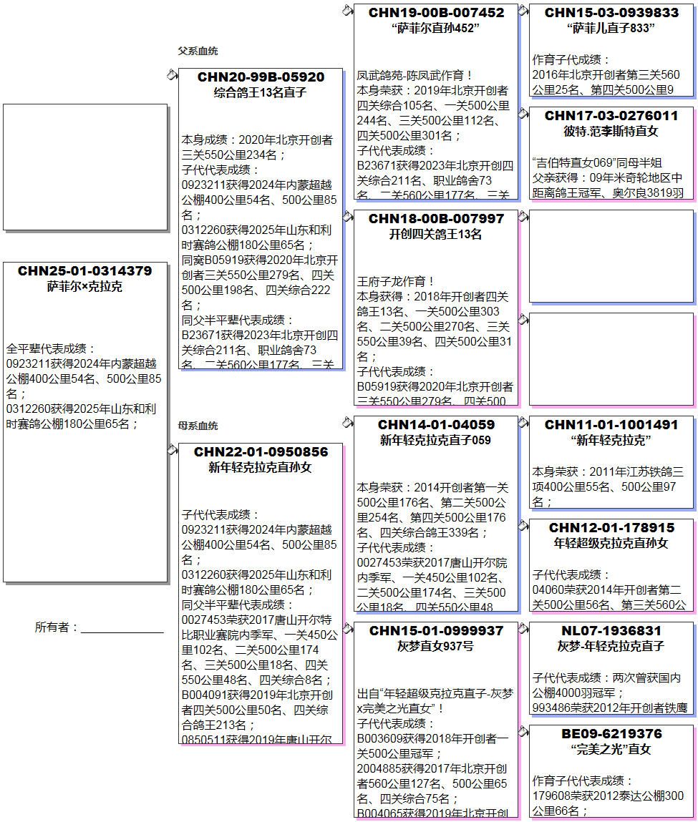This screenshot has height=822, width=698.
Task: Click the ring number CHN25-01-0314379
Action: coord(84,271)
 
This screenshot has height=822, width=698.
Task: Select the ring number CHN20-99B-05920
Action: coord(261,77)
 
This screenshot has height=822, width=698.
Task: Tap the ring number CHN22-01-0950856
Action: coord(261,452)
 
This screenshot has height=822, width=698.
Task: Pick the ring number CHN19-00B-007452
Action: coord(436,13)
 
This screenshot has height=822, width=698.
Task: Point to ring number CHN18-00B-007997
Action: coord(436,219)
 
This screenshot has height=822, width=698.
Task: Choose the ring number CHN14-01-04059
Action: coord(436,425)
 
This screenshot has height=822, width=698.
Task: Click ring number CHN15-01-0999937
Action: coord(436,631)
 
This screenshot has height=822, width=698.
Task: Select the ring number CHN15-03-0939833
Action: coord(611,13)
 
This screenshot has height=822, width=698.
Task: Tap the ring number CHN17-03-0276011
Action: coord(611,116)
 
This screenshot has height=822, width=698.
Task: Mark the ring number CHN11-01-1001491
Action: coord(611,425)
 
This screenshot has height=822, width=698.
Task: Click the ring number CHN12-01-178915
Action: coord(611,528)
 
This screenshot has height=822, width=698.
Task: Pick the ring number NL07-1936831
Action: coord(611,631)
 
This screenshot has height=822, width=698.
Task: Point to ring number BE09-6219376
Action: coord(611,734)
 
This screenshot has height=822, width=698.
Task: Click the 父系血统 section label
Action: coord(198,51)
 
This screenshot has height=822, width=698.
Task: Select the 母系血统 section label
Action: coord(198,426)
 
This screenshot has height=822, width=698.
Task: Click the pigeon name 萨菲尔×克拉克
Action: coord(84,287)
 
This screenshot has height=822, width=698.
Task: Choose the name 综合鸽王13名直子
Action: coord(261,93)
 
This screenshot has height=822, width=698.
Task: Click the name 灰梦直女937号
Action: coord(436,647)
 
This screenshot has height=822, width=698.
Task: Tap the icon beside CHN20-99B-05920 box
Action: coord(172,74)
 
